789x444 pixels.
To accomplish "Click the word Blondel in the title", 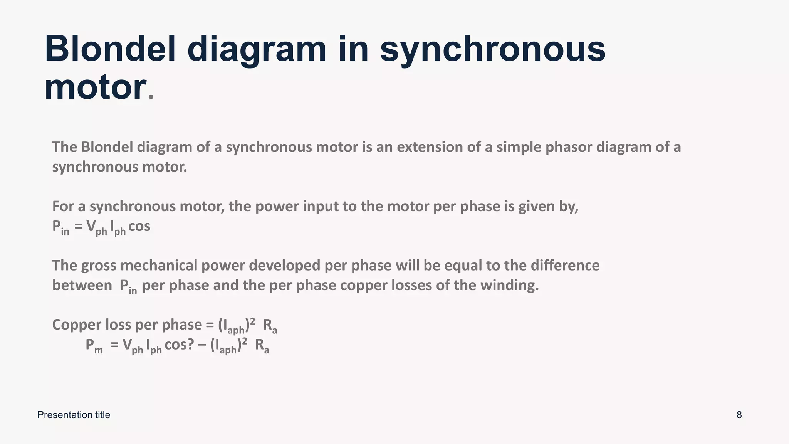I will [x=110, y=49].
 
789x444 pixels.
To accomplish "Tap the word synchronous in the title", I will [x=493, y=49].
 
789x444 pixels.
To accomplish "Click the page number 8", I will [x=739, y=415].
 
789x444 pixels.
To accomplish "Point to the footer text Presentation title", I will [x=74, y=415].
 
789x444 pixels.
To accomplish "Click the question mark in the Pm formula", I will [x=190, y=344].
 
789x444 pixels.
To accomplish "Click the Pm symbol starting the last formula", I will [x=94, y=345].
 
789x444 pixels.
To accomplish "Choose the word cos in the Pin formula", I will [x=139, y=226].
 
